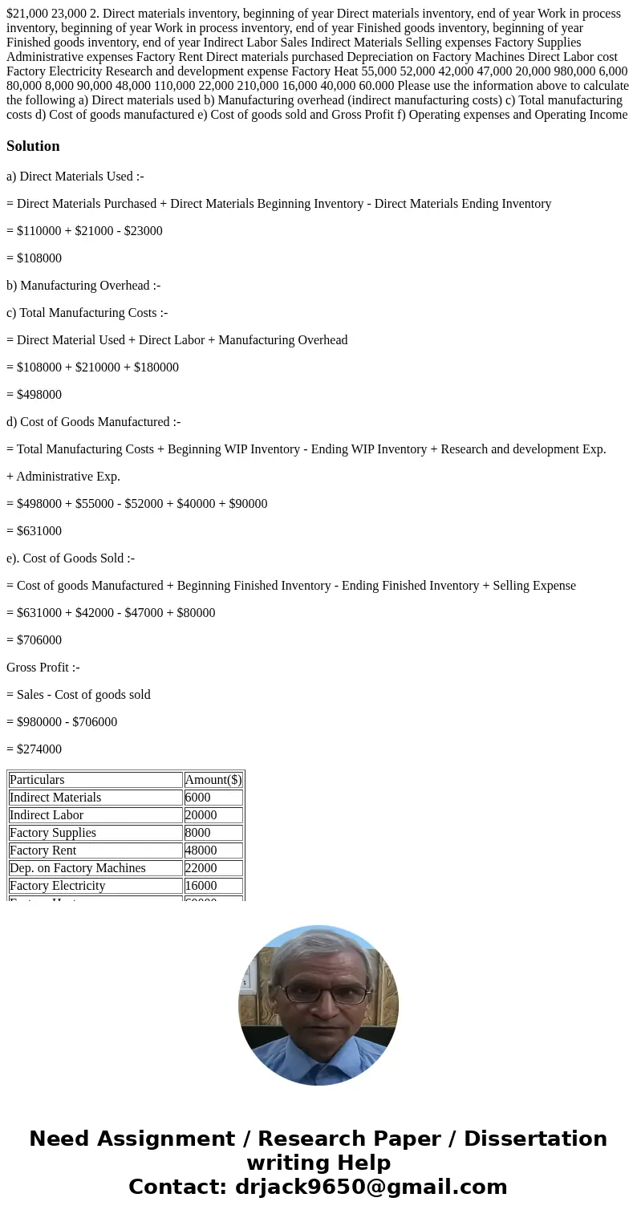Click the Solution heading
pos(33,146)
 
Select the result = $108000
pos(34,258)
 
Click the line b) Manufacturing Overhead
pos(83,286)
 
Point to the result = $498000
pos(34,395)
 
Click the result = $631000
pos(34,531)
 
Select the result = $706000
pos(34,640)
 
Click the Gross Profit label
pos(43,668)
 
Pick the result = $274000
pos(34,749)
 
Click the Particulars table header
pos(37,780)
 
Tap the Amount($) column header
pos(213,780)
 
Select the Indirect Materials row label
pos(55,798)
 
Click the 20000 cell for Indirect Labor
pos(201,815)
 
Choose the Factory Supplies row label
pos(53,833)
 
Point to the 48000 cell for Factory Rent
pos(201,851)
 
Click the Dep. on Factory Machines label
pos(78,868)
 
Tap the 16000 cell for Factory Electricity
pos(201,886)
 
